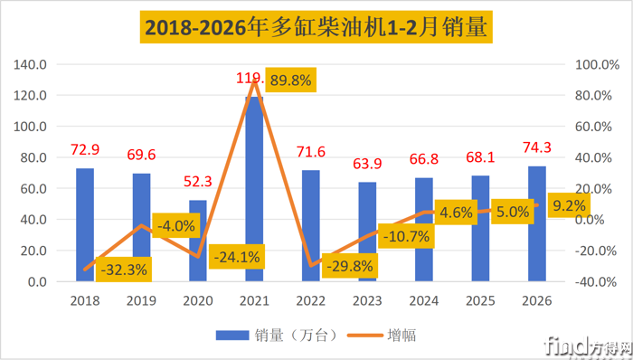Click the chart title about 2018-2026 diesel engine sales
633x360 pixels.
(316, 29)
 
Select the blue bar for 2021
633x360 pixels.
(254, 190)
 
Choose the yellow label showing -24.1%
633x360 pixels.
(236, 257)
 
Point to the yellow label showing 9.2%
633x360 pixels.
(568, 205)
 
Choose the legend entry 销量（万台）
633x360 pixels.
(277, 335)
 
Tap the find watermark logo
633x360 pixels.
(580, 344)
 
